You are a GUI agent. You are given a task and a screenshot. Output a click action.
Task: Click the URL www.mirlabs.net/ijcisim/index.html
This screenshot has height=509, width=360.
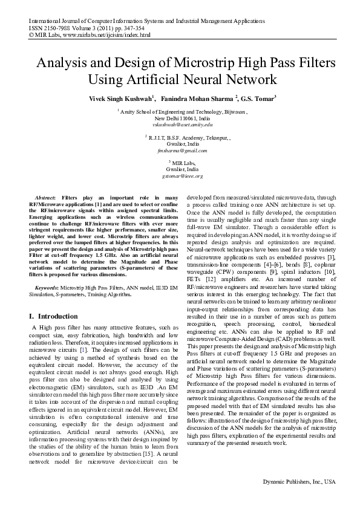click(x=106, y=35)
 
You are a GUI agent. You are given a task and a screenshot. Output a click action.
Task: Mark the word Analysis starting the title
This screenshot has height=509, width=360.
click(x=62, y=62)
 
